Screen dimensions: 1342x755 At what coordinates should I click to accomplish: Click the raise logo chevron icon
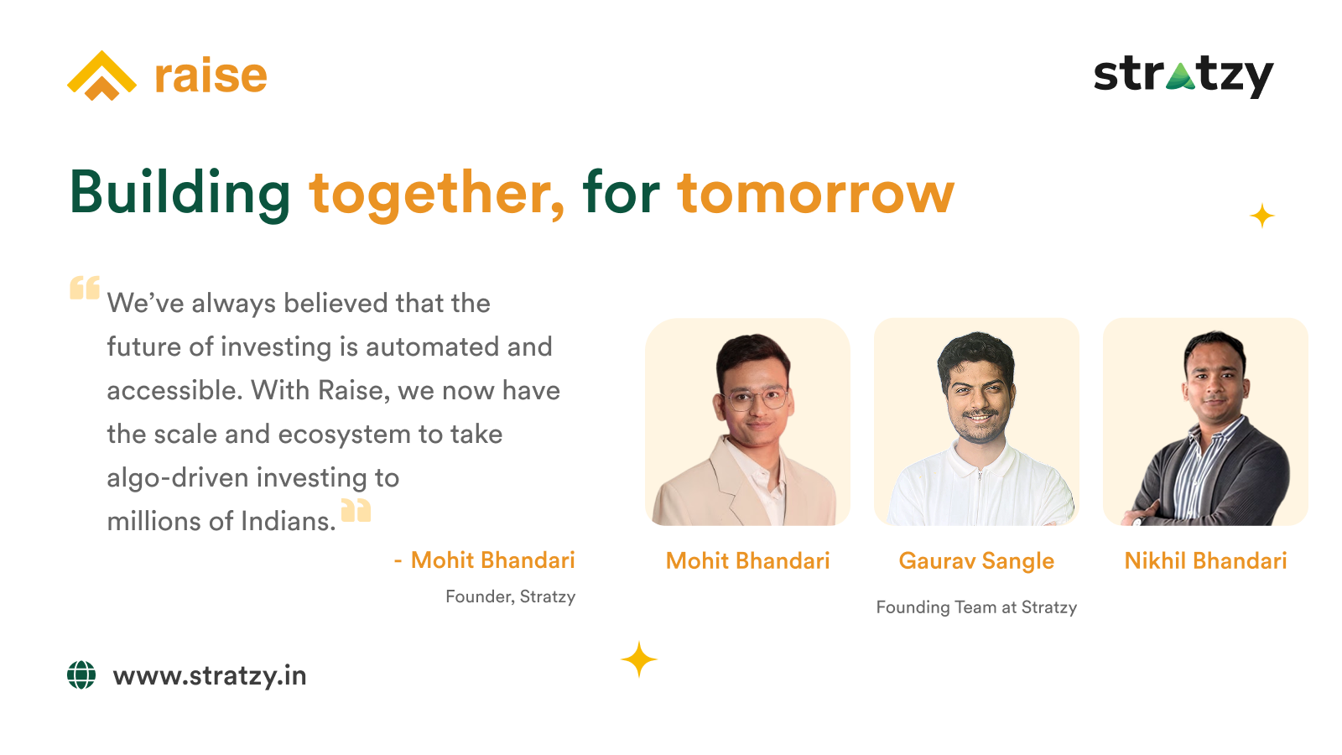tap(101, 75)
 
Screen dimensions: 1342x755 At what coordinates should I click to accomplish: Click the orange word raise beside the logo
tap(211, 76)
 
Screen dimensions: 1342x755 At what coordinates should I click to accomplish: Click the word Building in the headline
tap(180, 193)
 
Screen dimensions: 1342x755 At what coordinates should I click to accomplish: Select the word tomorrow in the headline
tap(816, 193)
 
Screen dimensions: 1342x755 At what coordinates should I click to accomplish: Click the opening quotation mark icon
tap(85, 288)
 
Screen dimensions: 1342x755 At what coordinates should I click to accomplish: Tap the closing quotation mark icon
tap(356, 510)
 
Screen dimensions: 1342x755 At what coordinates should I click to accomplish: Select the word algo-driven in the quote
tap(177, 478)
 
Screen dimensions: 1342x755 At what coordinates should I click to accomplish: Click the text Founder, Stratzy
tap(511, 596)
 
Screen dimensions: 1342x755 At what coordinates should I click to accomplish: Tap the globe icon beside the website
tap(81, 675)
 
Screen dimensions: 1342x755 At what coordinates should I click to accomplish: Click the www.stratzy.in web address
tap(210, 676)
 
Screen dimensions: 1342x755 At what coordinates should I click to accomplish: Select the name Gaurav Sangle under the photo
tap(976, 561)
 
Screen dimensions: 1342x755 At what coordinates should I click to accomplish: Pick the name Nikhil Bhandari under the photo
tap(1205, 561)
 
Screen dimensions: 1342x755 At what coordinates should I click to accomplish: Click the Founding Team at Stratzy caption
tap(976, 607)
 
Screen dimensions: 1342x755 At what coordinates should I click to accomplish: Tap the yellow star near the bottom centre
tap(638, 659)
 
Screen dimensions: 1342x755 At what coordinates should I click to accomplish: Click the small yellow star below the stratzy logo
tap(1261, 216)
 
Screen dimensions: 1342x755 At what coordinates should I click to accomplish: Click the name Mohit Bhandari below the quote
tap(492, 560)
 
